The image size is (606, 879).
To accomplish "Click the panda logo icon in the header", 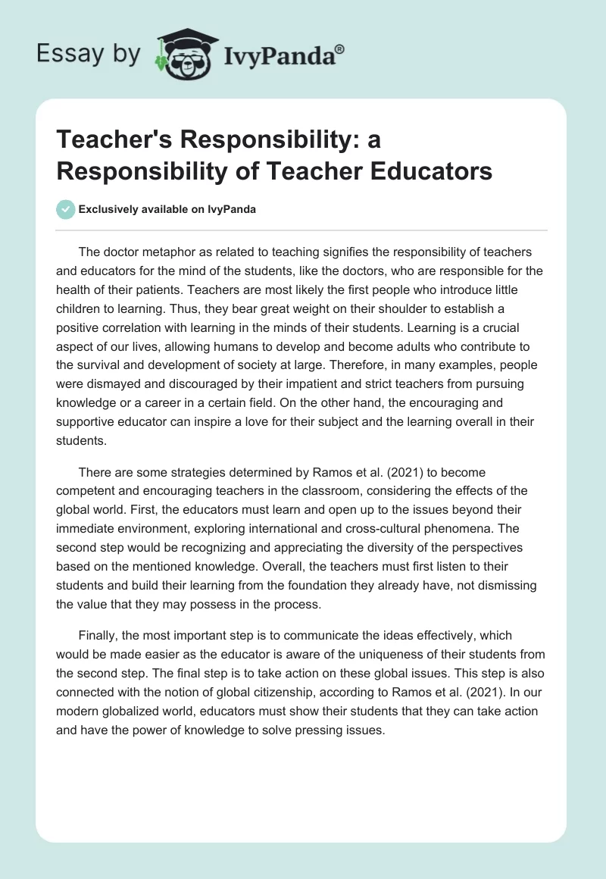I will click(181, 55).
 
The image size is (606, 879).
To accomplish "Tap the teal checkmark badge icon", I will click(65, 210).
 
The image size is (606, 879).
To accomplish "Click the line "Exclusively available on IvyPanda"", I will click(167, 210).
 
